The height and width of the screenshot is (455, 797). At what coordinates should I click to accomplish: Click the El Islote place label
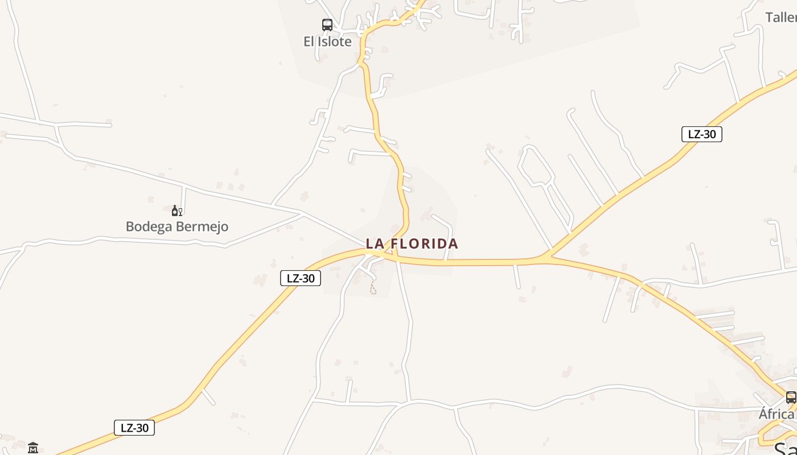[327, 42]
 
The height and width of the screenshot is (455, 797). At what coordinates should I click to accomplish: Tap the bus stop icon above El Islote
[327, 25]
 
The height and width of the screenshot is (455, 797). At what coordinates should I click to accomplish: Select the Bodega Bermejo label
[177, 226]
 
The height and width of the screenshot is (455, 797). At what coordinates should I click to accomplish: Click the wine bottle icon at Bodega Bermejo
[176, 211]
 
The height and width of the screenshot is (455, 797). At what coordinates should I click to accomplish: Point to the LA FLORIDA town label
[412, 244]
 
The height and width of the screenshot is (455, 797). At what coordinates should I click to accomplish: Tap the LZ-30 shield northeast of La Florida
[701, 134]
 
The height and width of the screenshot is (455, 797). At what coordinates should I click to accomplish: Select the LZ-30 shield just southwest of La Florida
[301, 278]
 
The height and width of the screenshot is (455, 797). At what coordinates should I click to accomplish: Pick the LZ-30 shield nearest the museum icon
[134, 428]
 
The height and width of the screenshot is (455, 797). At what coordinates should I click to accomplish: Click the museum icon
[33, 448]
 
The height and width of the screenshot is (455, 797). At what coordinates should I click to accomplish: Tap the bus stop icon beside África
[791, 398]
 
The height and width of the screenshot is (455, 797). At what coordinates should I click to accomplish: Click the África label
[777, 413]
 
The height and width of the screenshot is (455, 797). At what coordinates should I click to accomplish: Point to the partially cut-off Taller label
[780, 18]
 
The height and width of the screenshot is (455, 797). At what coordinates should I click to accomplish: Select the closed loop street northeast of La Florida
[534, 166]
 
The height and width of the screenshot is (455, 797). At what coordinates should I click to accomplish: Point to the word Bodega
[149, 226]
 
